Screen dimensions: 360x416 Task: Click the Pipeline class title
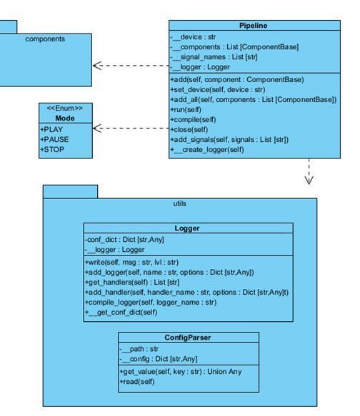tap(253, 26)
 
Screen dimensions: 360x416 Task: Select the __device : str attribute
tap(193, 37)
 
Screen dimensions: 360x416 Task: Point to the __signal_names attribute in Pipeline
tap(214, 57)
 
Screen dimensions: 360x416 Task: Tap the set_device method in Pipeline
tap(218, 90)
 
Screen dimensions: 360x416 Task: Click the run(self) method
tap(186, 110)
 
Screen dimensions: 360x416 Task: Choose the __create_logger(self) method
tap(207, 150)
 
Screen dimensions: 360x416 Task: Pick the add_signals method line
tap(229, 140)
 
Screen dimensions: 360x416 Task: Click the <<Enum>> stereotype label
tap(65, 108)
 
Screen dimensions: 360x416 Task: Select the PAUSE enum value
tap(54, 140)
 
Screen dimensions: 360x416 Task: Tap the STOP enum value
tap(52, 150)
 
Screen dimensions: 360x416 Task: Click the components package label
tap(45, 39)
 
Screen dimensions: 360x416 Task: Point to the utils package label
tap(180, 204)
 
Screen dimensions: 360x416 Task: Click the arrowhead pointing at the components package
tap(97, 66)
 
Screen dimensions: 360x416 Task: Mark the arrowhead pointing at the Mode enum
tap(97, 128)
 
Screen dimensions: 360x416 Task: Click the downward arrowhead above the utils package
tap(309, 180)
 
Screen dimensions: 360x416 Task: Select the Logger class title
tap(187, 228)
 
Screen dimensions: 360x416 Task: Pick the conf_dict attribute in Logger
tap(124, 240)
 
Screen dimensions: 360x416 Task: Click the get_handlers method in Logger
tap(132, 283)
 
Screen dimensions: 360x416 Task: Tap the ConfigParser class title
tap(188, 338)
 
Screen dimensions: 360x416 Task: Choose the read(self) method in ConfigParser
tap(137, 382)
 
